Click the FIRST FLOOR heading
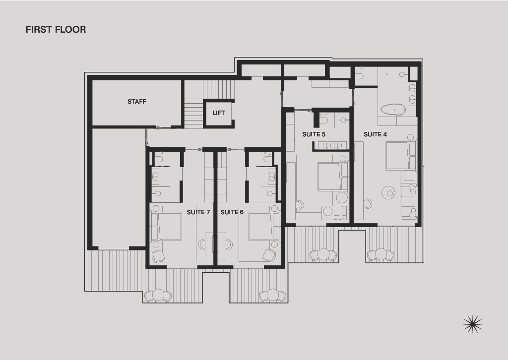[56, 29]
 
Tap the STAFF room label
[137, 102]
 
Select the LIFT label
[219, 113]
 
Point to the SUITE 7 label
[198, 212]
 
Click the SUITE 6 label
[232, 212]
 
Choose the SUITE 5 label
[314, 134]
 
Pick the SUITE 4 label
[375, 134]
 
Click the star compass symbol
[473, 324]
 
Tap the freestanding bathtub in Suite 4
[393, 110]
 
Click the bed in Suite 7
[170, 226]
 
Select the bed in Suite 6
[261, 226]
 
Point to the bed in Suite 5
[329, 177]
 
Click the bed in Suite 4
[397, 156]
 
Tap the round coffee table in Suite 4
[388, 192]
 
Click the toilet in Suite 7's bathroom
[158, 159]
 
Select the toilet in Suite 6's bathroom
[267, 159]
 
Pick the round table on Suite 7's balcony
[158, 295]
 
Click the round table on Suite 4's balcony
[381, 254]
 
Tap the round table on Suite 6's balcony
[272, 295]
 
